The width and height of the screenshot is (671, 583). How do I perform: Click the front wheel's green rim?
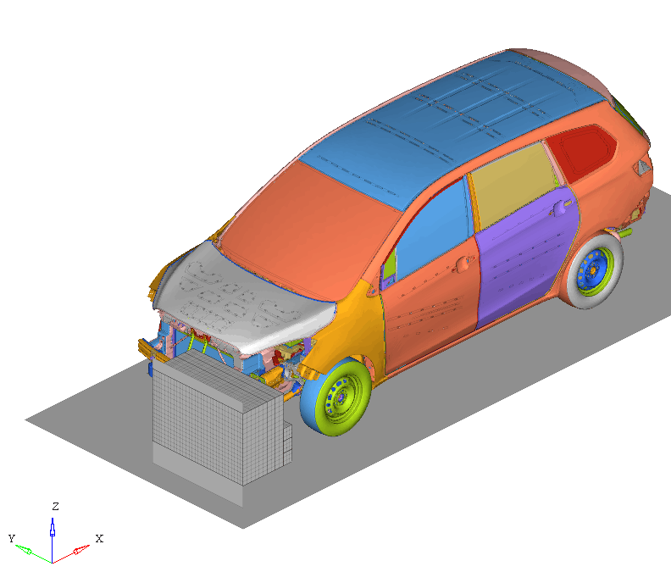[x=342, y=398]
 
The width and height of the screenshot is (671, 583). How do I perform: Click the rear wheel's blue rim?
[x=594, y=271]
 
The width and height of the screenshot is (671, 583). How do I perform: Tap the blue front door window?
[x=432, y=229]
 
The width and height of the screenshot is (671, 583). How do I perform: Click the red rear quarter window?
[x=582, y=152]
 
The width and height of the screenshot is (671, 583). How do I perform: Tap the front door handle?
[x=463, y=263]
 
